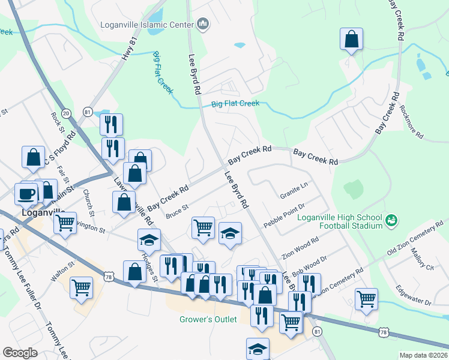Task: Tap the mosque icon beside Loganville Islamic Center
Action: (x=203, y=25)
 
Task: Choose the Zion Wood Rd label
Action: (x=300, y=245)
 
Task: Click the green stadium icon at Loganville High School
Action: (x=391, y=221)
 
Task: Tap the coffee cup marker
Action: (x=26, y=194)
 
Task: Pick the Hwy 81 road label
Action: (x=127, y=47)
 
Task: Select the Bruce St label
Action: (x=177, y=211)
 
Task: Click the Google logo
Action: (x=20, y=353)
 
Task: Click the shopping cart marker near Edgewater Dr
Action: (x=366, y=298)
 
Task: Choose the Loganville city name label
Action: (x=38, y=212)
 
